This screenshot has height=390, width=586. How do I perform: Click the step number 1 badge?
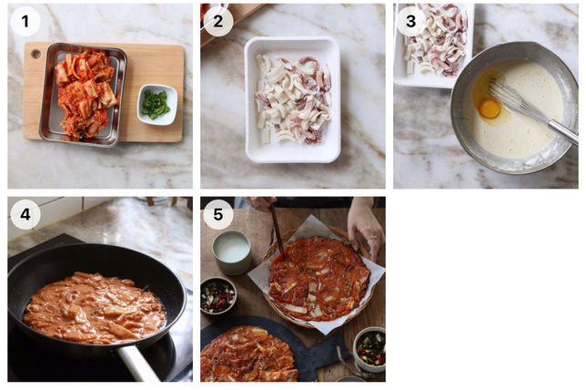point(25,21)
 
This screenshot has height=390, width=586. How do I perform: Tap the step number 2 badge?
point(218,21)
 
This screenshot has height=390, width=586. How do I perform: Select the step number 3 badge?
point(411,21)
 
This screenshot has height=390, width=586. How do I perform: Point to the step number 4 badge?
point(25,214)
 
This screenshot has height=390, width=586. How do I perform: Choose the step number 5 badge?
point(218,214)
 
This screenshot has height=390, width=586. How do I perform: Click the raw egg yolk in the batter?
point(489,108)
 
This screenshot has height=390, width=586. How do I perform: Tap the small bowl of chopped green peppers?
point(157,105)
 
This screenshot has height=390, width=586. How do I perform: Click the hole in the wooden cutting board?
point(36,54)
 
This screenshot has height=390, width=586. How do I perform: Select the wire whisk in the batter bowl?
point(530,108)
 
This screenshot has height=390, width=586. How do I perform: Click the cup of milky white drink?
point(232,251)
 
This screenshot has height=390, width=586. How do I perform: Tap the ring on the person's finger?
point(371,238)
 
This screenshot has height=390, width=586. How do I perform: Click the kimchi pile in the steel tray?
point(86,95)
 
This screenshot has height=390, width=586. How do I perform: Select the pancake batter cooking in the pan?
point(95,308)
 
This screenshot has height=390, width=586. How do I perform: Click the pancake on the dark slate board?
point(249,354)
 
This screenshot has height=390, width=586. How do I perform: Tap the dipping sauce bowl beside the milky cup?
point(218,295)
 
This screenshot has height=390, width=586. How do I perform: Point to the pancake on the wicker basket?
point(318,278)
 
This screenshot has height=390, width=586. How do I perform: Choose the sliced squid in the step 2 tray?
point(293,99)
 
